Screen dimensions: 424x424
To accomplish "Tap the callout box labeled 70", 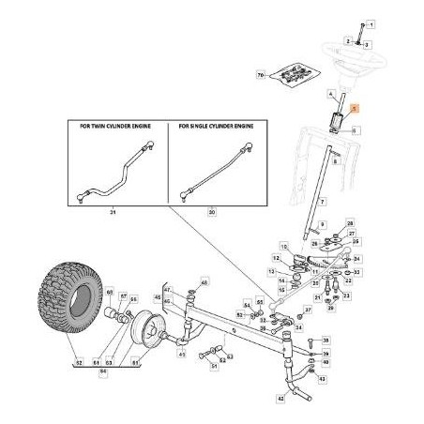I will click(x=260, y=72).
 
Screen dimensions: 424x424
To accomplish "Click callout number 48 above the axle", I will click(x=205, y=280).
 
